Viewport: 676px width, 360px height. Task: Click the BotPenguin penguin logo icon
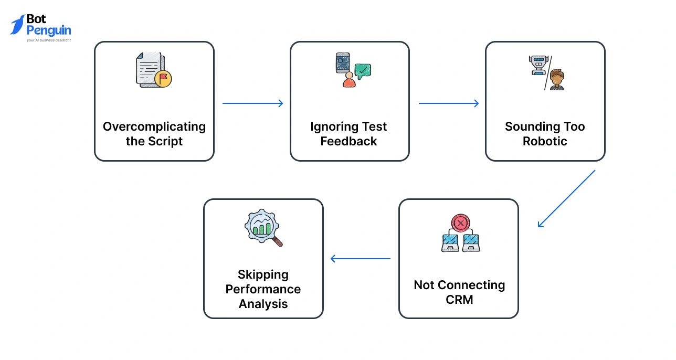tap(18, 25)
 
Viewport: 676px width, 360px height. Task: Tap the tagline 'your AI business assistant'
tap(49, 40)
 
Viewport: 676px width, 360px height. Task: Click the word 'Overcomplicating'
tap(154, 126)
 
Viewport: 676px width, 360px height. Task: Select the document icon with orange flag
tap(153, 70)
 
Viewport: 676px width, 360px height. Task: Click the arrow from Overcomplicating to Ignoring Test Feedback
tap(252, 103)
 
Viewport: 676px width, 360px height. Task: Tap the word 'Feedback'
tap(349, 141)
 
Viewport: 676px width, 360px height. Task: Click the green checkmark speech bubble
tap(363, 71)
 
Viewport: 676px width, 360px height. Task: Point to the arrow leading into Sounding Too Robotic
tap(448, 103)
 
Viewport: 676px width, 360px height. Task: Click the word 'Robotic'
tap(545, 141)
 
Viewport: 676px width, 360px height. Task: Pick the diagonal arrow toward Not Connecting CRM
tap(567, 198)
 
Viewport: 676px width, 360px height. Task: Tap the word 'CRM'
tap(459, 300)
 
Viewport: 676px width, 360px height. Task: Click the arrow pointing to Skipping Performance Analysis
tap(361, 258)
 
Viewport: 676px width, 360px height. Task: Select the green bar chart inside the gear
tap(262, 227)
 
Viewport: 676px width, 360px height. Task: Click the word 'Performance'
tap(263, 289)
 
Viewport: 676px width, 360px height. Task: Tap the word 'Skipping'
tap(263, 274)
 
